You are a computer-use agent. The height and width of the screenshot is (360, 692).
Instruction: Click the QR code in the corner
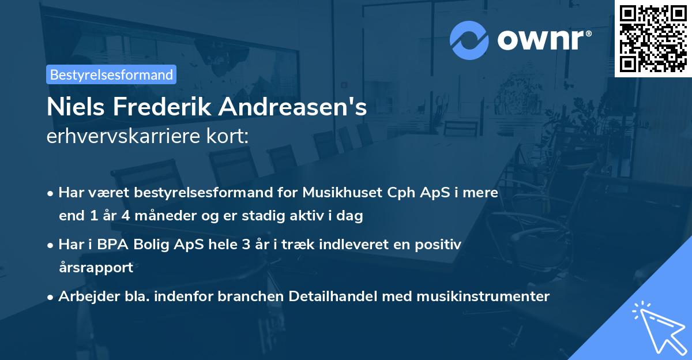click(653, 38)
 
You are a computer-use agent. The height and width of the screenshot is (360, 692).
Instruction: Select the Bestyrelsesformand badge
click(111, 74)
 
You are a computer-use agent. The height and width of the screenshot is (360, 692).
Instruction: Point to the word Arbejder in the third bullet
click(84, 297)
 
